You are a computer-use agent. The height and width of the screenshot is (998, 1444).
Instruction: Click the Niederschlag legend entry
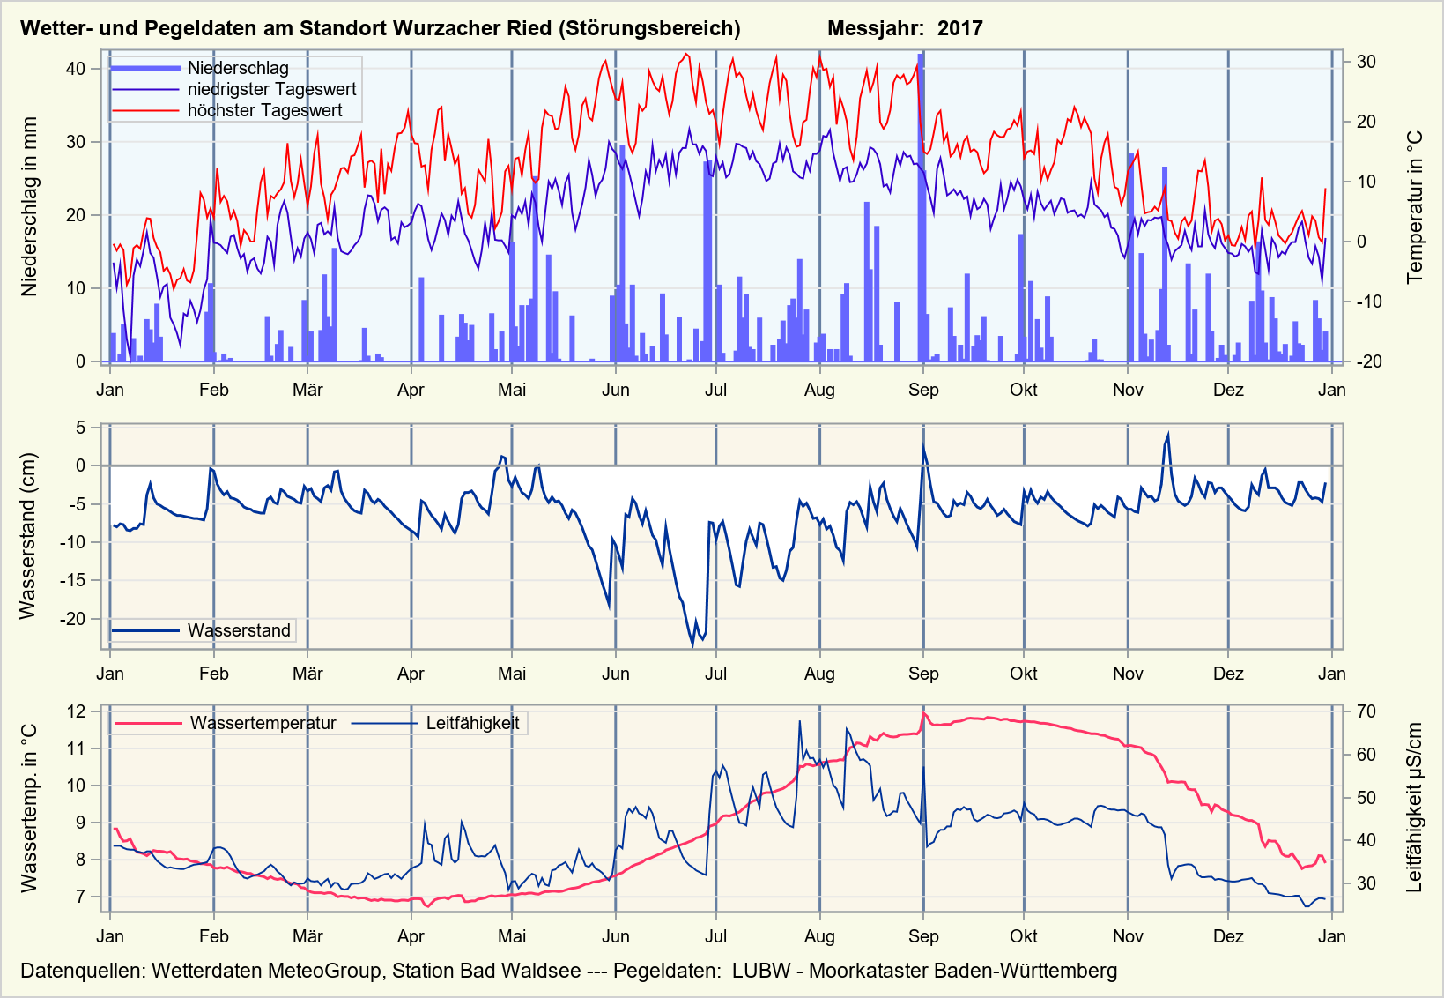(x=237, y=68)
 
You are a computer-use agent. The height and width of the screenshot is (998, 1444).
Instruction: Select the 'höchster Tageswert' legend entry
(x=264, y=110)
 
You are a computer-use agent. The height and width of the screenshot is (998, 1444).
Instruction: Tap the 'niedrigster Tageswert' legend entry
(x=271, y=89)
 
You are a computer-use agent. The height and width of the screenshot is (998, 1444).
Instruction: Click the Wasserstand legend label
(x=239, y=630)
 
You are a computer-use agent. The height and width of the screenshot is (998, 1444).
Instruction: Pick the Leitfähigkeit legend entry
(x=472, y=723)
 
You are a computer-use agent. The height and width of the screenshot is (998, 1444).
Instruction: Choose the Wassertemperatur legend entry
(x=263, y=723)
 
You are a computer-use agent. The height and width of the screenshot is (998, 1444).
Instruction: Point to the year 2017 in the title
(x=959, y=28)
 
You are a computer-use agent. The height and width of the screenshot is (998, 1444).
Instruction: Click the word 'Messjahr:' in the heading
(x=876, y=28)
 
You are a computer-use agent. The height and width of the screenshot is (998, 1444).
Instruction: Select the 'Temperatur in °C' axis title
(x=1415, y=207)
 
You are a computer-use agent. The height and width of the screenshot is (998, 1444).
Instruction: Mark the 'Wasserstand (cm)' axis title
(x=28, y=536)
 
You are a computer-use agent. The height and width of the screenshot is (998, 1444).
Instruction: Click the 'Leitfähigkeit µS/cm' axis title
(x=1415, y=808)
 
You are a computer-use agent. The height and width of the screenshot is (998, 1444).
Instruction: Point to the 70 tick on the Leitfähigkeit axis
(x=1366, y=711)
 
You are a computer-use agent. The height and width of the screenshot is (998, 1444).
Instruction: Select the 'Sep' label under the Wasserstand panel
(x=923, y=674)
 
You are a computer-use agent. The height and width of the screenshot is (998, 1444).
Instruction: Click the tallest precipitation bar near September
(x=921, y=207)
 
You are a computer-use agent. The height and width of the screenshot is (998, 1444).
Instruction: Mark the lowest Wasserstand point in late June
(x=692, y=645)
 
